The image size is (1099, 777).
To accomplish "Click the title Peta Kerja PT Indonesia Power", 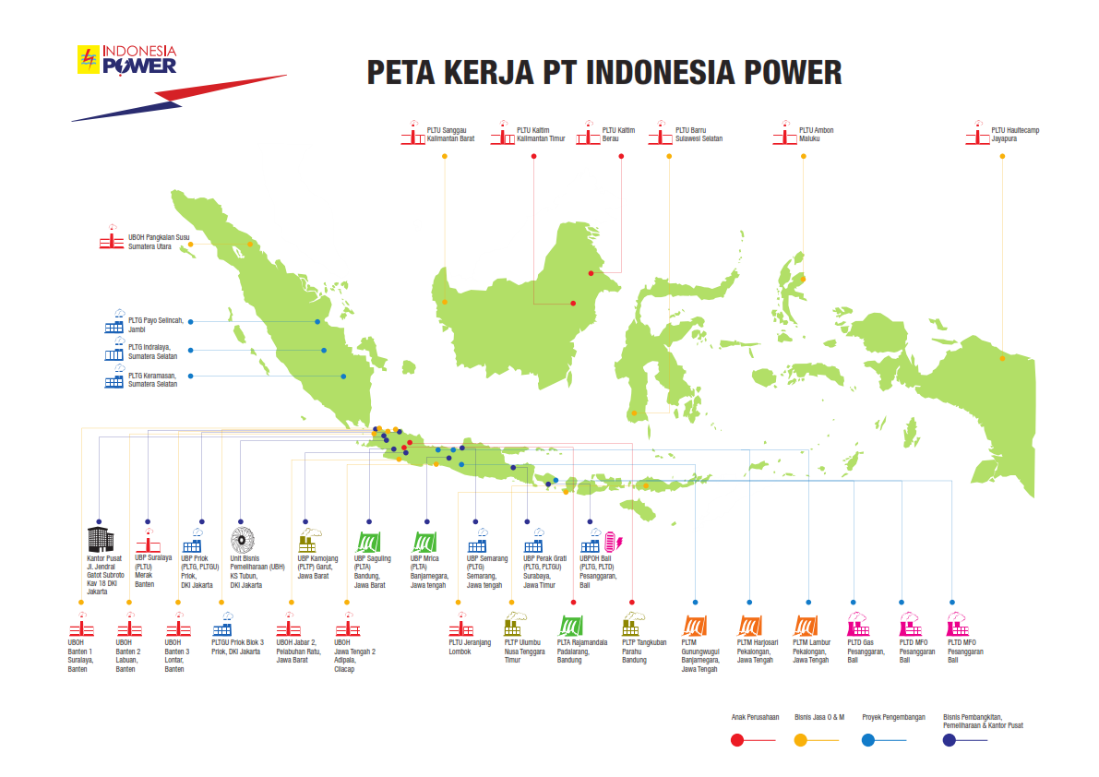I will coord(604,72).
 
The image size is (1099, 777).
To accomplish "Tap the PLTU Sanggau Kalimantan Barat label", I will coord(450,135).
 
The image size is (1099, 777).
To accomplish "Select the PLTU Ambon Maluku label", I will coord(816,135).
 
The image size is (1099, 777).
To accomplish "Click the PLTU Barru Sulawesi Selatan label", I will coord(699,135).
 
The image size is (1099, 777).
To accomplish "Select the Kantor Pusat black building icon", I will coord(98,539).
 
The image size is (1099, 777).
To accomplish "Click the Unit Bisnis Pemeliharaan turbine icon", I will coord(242,539).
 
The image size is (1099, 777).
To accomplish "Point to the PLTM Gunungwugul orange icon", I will coord(696,625).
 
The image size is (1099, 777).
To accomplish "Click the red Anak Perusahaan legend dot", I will coord(736,739).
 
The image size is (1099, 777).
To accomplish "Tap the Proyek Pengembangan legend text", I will coord(893,716).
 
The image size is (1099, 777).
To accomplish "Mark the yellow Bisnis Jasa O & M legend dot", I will coord(801,739).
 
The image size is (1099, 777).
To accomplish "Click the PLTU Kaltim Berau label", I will coord(618,135).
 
